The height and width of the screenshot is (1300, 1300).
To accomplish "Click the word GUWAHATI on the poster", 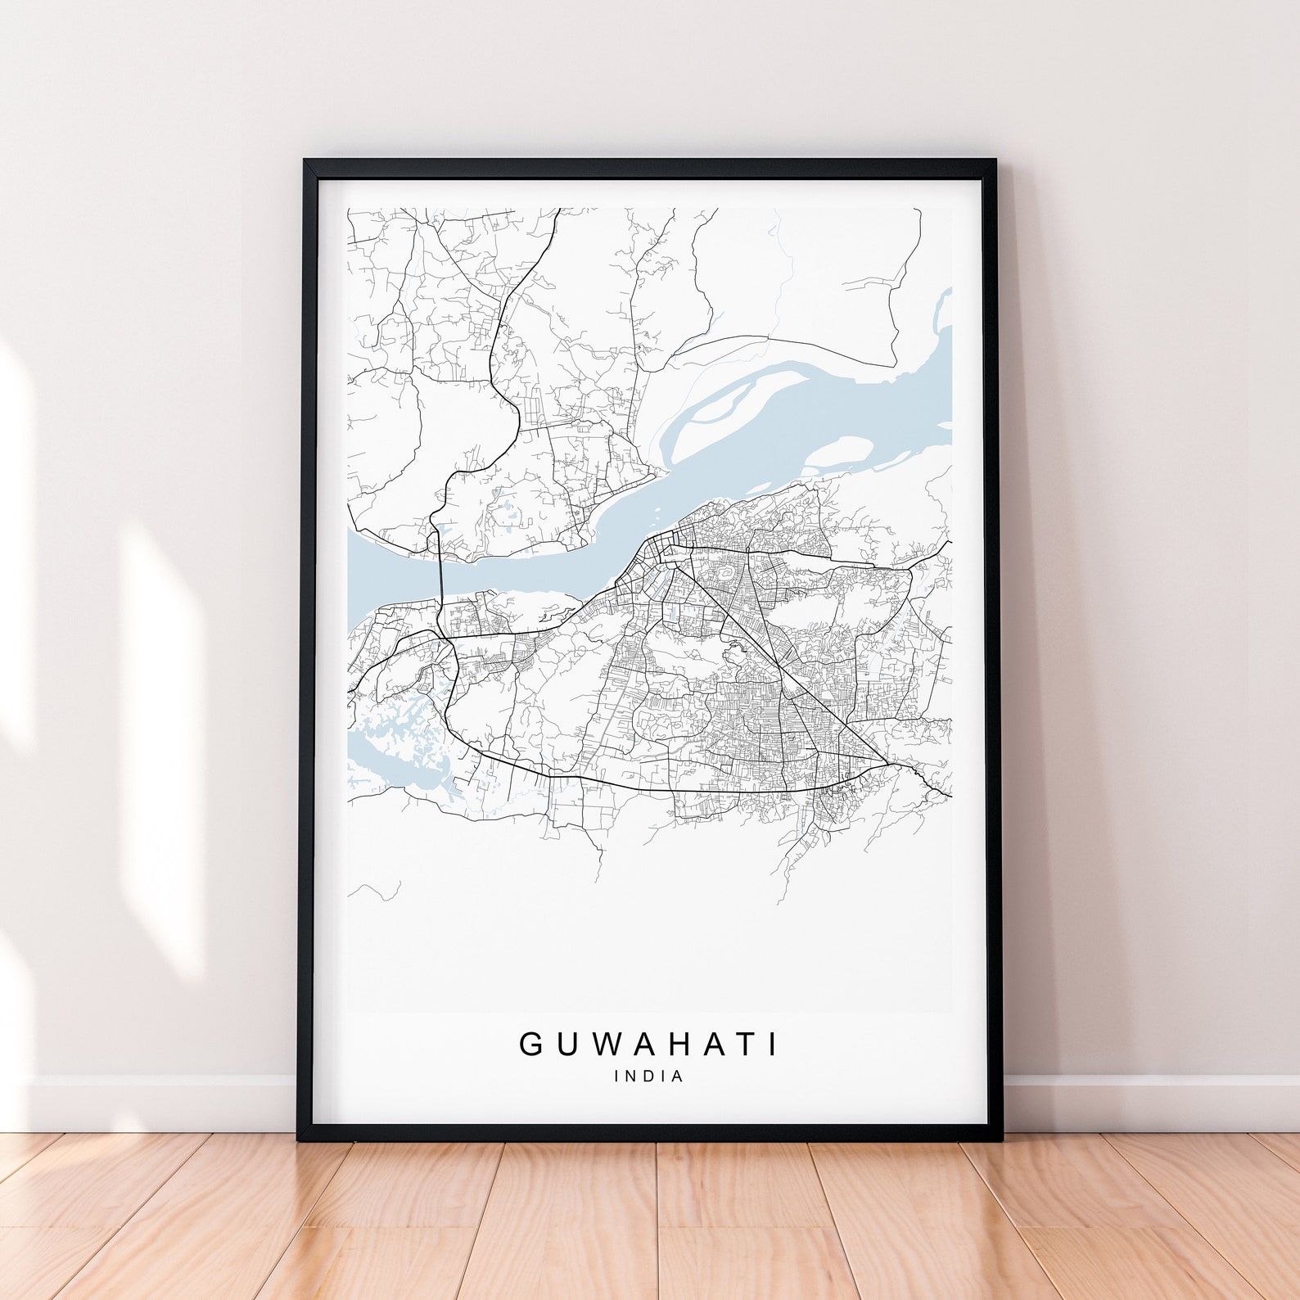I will pyautogui.click(x=649, y=1044).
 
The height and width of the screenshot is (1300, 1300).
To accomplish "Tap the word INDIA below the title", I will pyautogui.click(x=649, y=1076).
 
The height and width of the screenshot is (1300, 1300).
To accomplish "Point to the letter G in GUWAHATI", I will pyautogui.click(x=530, y=1044).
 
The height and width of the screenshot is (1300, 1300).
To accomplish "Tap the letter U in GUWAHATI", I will pyautogui.click(x=564, y=1044).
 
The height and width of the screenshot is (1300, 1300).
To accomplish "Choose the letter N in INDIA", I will pyautogui.click(x=631, y=1076).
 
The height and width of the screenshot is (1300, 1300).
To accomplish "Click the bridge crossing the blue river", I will pyautogui.click(x=440, y=577).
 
